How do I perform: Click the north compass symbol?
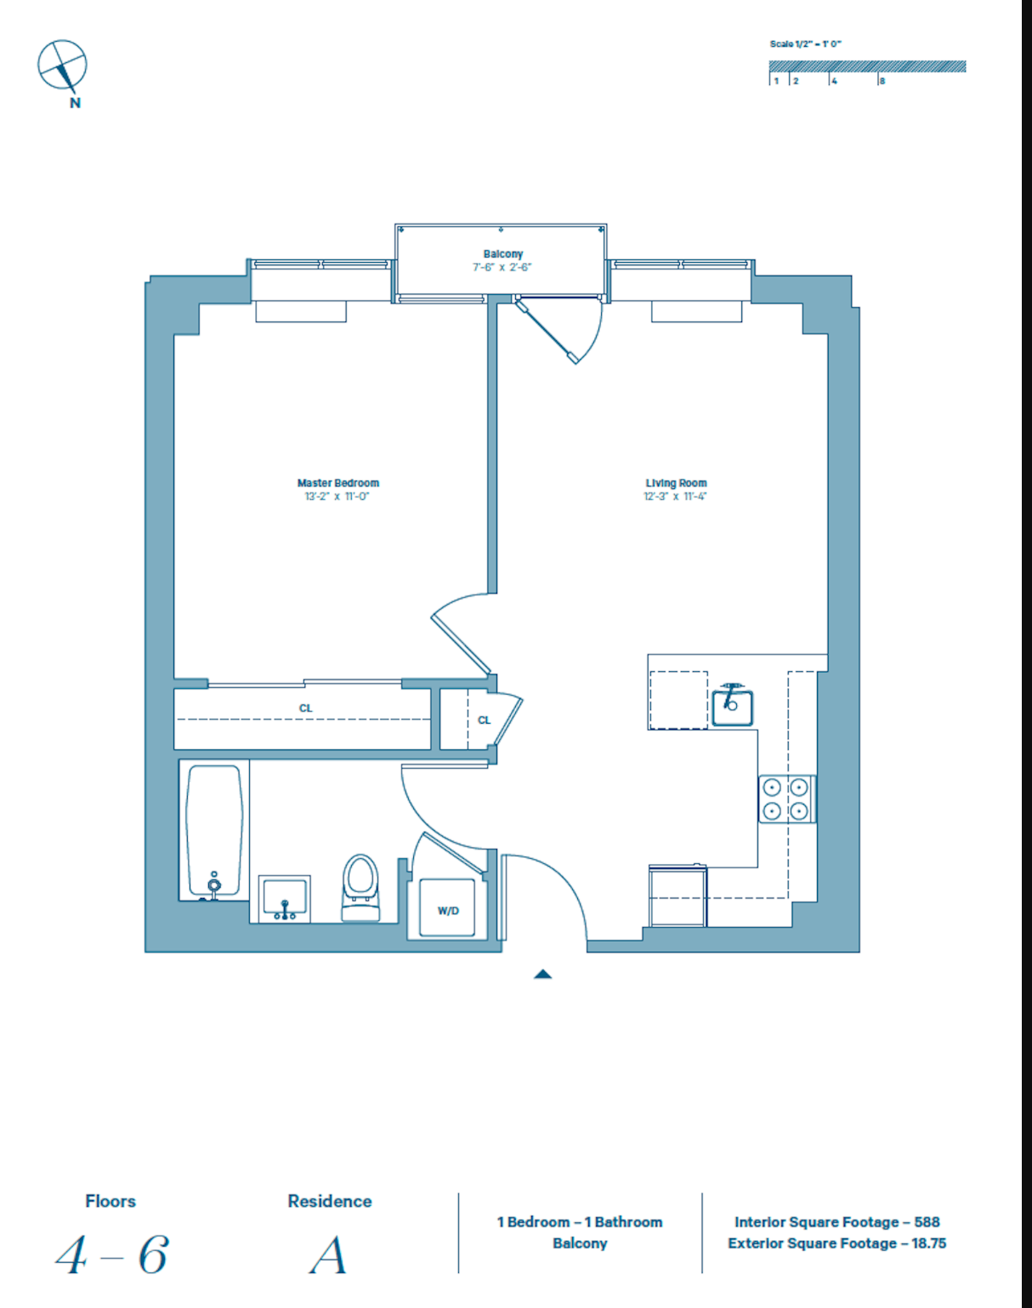[x=62, y=65]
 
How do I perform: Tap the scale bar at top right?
[x=867, y=67]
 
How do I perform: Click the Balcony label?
[x=502, y=254]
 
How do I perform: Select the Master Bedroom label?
[x=337, y=483]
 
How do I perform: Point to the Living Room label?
[x=676, y=483]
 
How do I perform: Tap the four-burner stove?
[x=786, y=799]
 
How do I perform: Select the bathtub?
[x=214, y=830]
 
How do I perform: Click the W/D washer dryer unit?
[x=448, y=909]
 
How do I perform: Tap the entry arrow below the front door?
[x=543, y=975]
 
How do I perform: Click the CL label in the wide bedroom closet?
[x=306, y=708]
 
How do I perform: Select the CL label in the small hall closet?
[x=485, y=720]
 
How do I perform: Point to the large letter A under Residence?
[x=329, y=1255]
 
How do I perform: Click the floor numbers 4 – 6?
[x=111, y=1255]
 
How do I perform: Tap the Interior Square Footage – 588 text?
[x=836, y=1222]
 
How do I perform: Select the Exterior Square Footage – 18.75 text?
[x=836, y=1243]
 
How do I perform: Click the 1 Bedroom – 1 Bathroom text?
[x=580, y=1222]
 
